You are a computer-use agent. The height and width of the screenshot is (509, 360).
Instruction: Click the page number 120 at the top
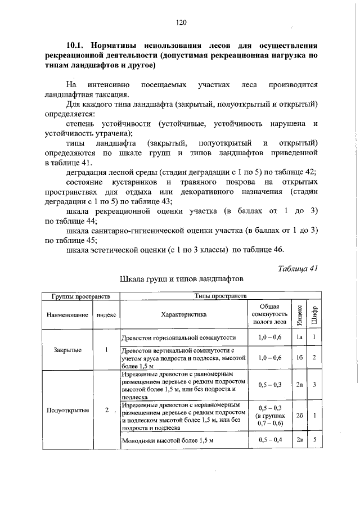click(x=180, y=22)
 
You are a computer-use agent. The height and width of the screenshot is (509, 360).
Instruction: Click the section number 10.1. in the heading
click(x=77, y=44)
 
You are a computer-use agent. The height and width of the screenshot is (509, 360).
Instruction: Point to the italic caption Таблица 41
click(x=298, y=268)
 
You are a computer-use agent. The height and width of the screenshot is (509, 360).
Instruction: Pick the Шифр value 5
click(x=315, y=440)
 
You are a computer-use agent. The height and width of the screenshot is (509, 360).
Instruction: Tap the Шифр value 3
click(x=315, y=385)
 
